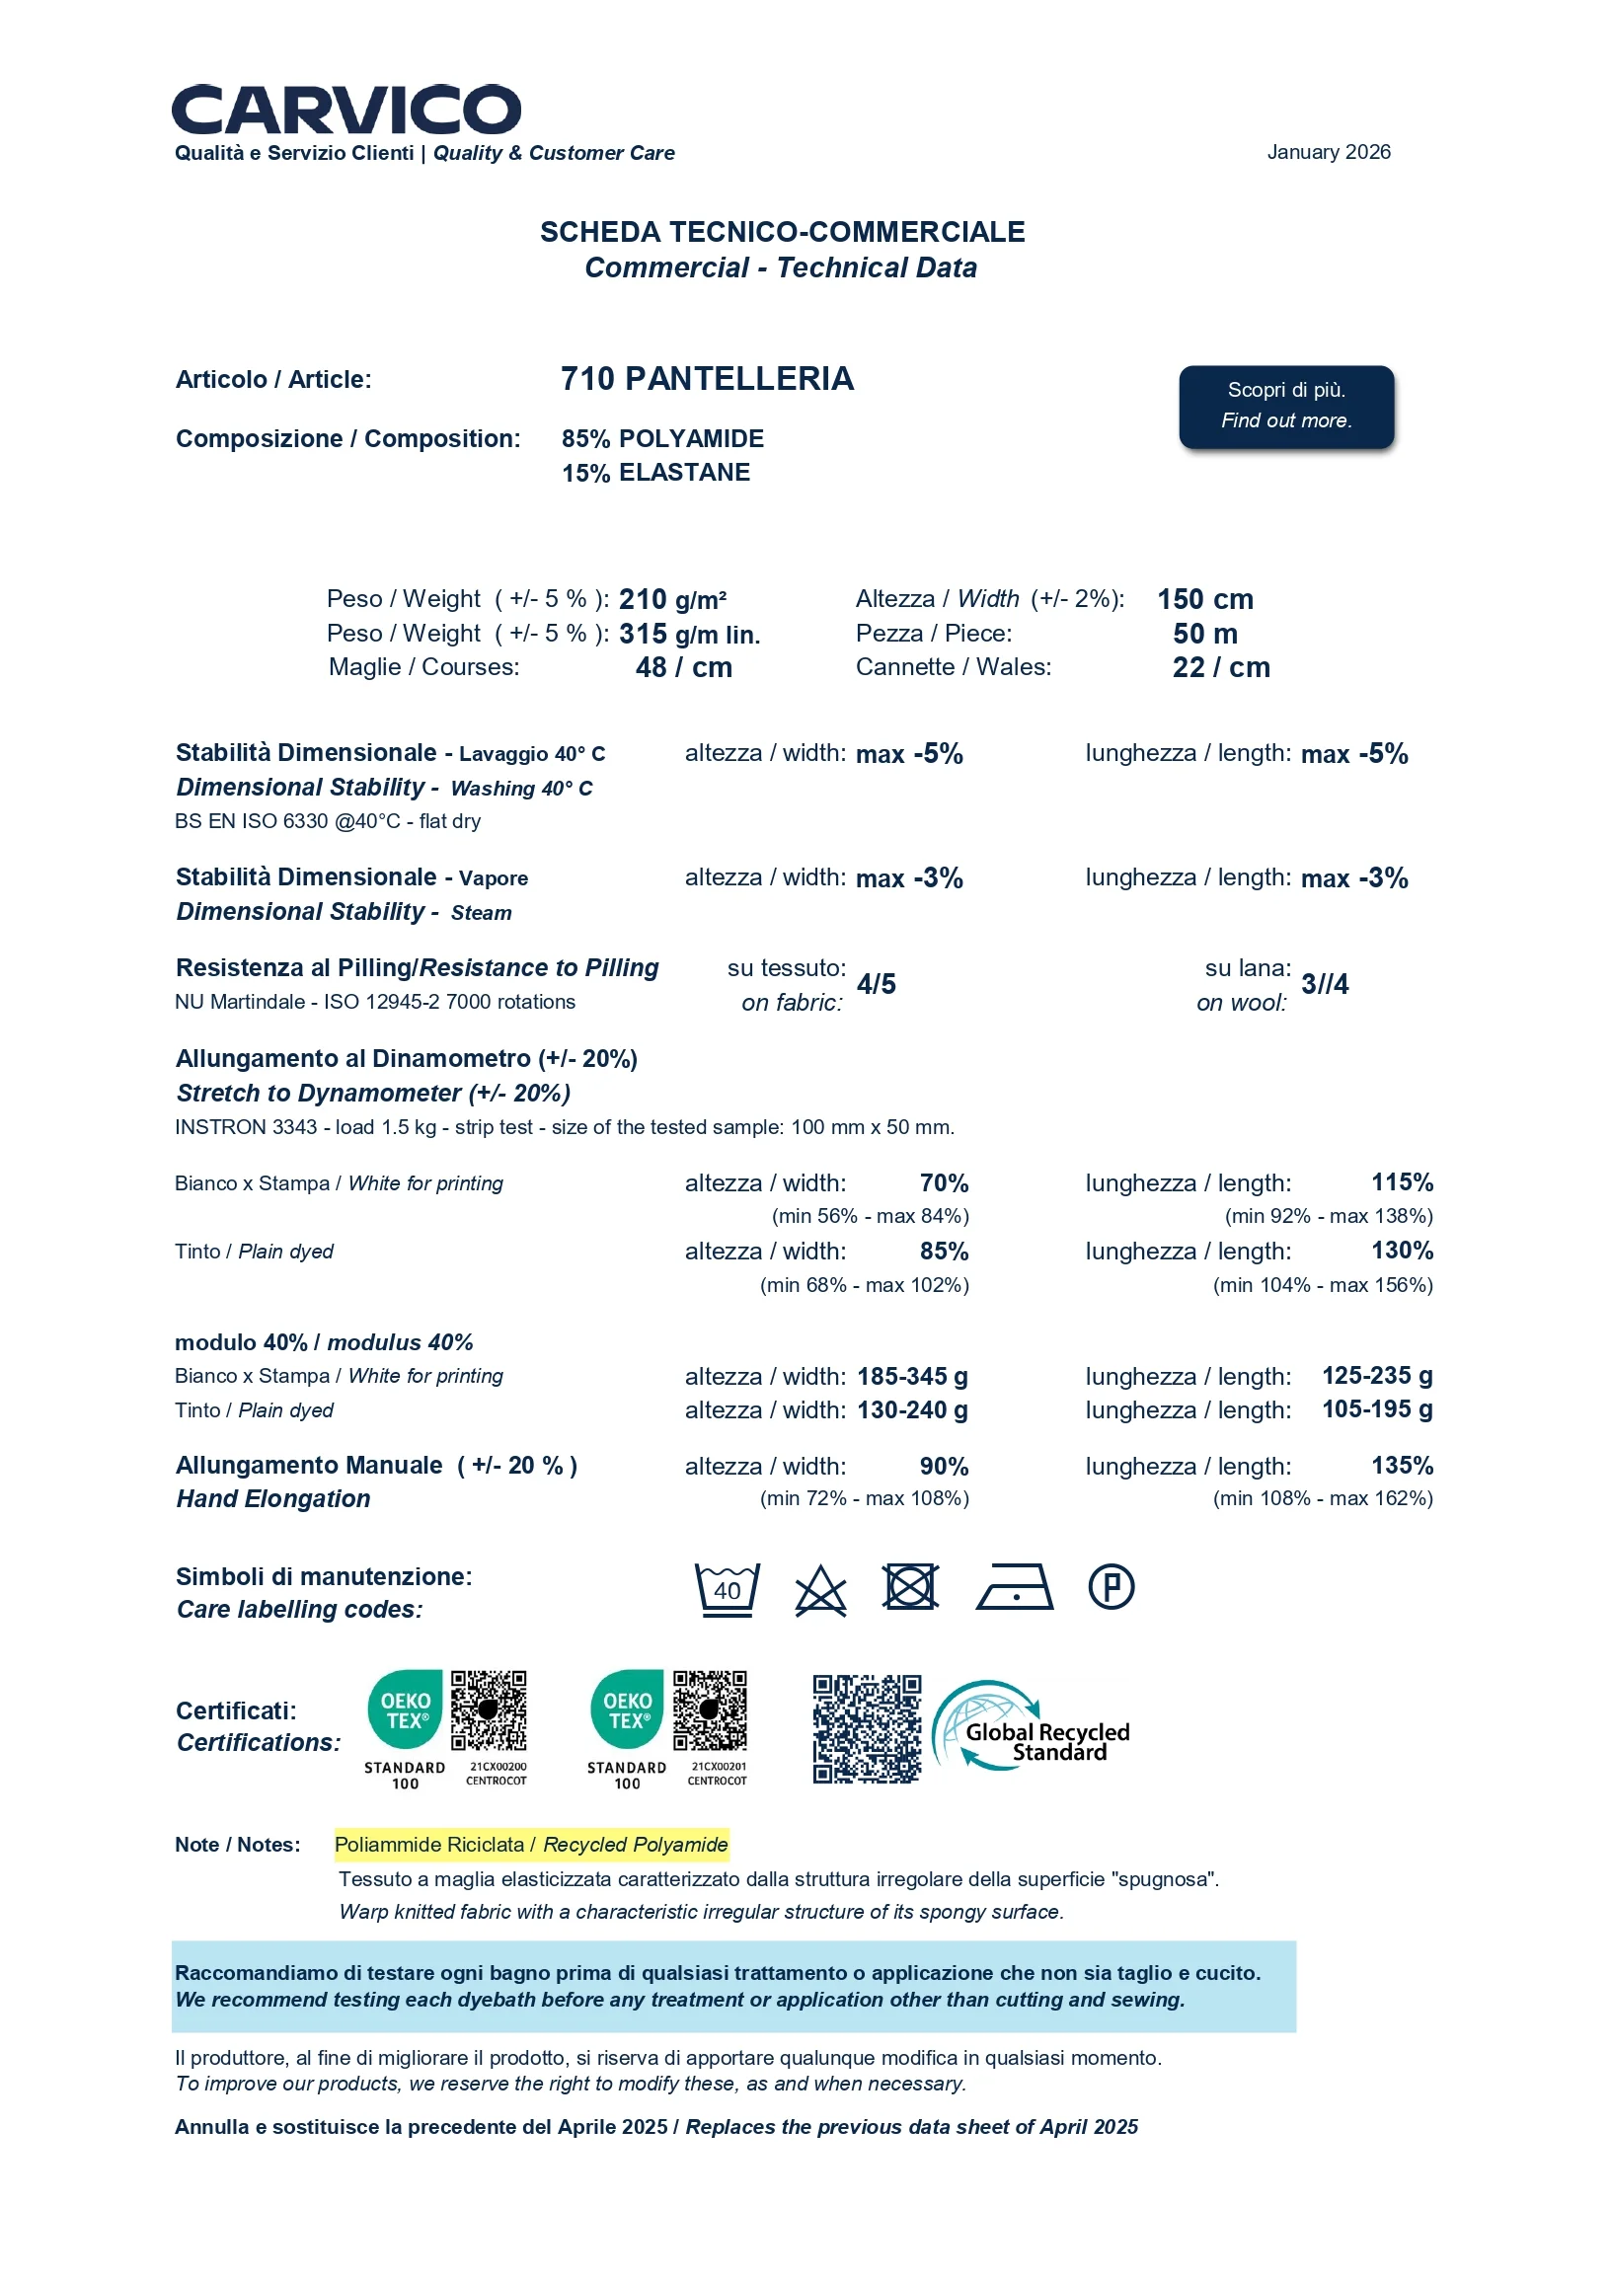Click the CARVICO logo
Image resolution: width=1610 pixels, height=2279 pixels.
[345, 110]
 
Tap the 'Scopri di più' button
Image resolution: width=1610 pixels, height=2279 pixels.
[1285, 406]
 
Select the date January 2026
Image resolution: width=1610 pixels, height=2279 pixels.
[1328, 152]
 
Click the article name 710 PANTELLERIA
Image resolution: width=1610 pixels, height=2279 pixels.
[707, 379]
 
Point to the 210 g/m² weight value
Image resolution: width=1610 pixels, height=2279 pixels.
[672, 599]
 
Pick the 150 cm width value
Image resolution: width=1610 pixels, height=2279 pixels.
[1204, 599]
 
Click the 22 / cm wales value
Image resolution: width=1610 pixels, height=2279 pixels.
[1220, 667]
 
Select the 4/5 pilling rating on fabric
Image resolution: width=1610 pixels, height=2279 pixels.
[876, 984]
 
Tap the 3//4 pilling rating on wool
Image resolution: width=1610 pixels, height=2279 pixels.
[1324, 984]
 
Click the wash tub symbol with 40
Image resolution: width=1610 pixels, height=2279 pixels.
[727, 1589]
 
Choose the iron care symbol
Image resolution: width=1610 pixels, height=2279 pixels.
[1014, 1587]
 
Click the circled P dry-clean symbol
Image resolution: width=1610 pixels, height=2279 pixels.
[1111, 1586]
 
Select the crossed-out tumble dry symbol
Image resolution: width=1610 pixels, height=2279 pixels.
[910, 1586]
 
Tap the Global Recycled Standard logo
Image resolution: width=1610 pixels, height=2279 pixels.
[1033, 1727]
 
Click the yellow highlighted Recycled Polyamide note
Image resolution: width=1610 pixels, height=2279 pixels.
[531, 1845]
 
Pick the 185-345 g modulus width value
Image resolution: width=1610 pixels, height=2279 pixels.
[912, 1376]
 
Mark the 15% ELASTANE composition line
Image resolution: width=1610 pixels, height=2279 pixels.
[655, 473]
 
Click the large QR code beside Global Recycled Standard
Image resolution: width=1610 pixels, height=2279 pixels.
[867, 1728]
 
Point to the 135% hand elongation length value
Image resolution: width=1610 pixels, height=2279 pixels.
[1402, 1465]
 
